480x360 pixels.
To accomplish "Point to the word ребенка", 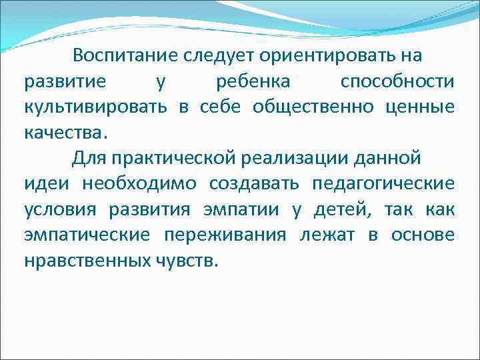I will (253, 82).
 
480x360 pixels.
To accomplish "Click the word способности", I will (397, 82).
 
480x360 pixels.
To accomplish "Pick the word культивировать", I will (96, 107).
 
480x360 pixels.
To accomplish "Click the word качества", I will (63, 132).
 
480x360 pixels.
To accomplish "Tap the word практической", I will (171, 158).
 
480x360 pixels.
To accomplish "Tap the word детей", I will (343, 209).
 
